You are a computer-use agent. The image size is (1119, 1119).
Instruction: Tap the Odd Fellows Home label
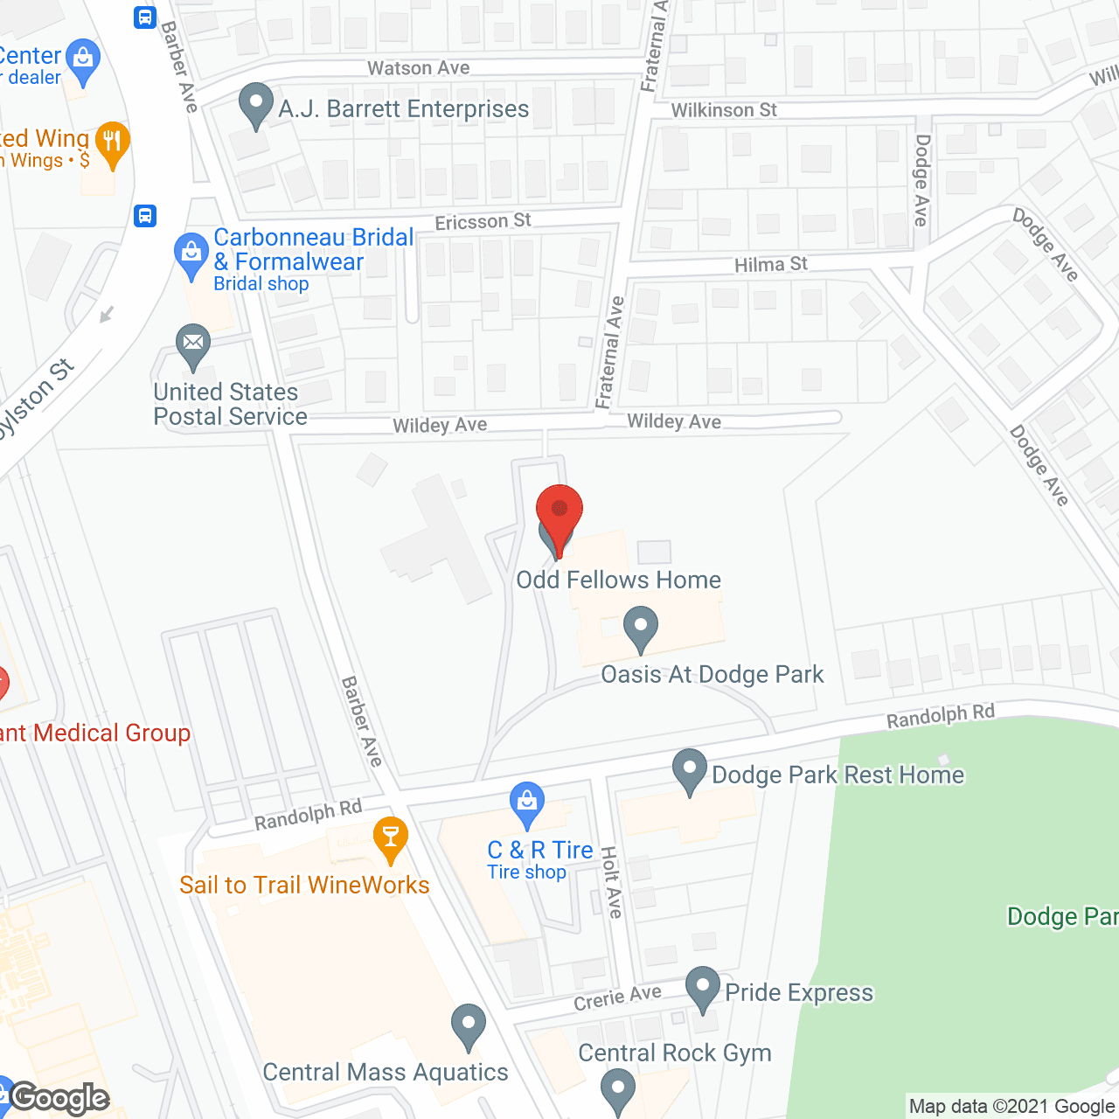click(618, 580)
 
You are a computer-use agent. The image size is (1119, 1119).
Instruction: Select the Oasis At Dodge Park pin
click(641, 628)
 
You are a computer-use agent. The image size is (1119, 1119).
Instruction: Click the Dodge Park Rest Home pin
click(690, 771)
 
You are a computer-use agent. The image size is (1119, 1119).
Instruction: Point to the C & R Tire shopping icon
click(527, 803)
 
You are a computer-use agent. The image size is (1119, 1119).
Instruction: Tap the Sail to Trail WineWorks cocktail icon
click(390, 838)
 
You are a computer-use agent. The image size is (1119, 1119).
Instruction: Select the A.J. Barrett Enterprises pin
click(255, 104)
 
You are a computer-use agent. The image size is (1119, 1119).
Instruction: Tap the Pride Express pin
click(703, 988)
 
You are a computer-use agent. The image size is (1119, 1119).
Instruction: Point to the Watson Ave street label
click(418, 68)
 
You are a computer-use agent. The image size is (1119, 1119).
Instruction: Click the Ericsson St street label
click(483, 221)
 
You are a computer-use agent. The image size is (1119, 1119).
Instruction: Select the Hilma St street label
click(771, 264)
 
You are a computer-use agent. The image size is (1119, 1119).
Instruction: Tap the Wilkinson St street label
click(724, 110)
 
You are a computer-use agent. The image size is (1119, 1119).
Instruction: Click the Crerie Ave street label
click(617, 997)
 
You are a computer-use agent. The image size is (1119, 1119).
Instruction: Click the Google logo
click(59, 1098)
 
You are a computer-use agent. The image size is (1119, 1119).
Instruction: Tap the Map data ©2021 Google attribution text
click(1011, 1107)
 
